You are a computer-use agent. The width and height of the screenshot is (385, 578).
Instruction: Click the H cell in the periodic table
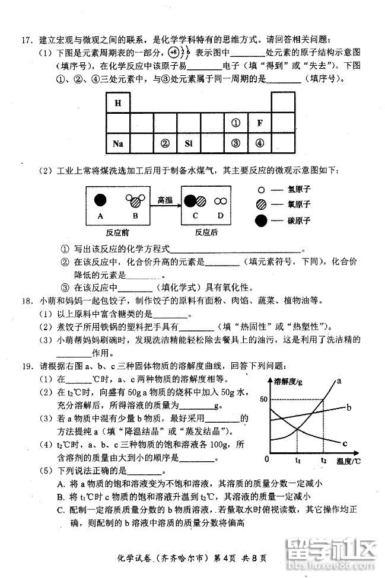[x=117, y=103]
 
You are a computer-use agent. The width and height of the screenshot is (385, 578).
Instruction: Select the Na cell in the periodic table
[x=117, y=143]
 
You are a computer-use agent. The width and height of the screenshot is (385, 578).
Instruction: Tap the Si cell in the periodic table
[x=189, y=143]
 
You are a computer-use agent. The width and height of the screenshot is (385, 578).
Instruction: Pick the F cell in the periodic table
[x=259, y=123]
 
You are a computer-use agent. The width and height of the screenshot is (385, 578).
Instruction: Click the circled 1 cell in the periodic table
[x=236, y=123]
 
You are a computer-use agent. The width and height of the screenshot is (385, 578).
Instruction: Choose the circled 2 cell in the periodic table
[x=165, y=143]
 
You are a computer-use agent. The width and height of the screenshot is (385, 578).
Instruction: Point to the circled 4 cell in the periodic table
[x=259, y=143]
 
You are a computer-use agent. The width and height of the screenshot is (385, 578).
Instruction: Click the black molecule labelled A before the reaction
[x=100, y=200]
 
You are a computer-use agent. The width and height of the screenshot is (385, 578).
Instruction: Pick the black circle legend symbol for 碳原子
[x=261, y=221]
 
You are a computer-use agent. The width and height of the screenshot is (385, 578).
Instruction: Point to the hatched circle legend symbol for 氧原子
[x=261, y=206]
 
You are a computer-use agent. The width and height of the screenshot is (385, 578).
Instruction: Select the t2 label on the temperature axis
[x=323, y=459]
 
